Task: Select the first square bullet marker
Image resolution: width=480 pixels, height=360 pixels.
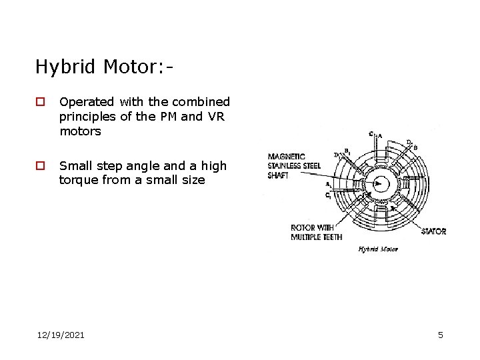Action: pos(41,103)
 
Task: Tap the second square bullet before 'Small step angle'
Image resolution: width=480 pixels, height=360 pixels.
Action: pos(41,166)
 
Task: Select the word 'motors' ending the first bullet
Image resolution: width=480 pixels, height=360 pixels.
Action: pos(80,131)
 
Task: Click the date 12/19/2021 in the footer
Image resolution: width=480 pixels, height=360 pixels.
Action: pos(61,335)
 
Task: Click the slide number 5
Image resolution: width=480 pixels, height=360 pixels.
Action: pos(440,335)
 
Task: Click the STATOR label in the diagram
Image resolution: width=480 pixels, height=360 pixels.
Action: pos(434,231)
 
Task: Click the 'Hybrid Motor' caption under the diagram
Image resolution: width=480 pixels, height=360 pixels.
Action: pos(378,249)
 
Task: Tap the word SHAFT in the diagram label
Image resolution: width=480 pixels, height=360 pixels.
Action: pos(279,175)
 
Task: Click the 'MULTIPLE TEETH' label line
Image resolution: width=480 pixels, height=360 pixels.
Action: pos(317,237)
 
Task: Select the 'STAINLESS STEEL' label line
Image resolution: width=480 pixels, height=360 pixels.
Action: pos(293,165)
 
